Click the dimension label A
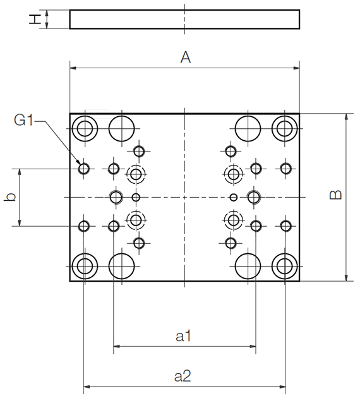[x=185, y=57]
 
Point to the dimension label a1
[x=184, y=337]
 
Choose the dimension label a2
[x=183, y=376]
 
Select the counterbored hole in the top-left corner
[x=84, y=129]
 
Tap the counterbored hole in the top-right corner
[x=285, y=128]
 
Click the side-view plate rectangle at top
[x=184, y=20]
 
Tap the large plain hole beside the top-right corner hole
[x=248, y=128]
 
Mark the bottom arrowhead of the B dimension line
[x=346, y=278]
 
